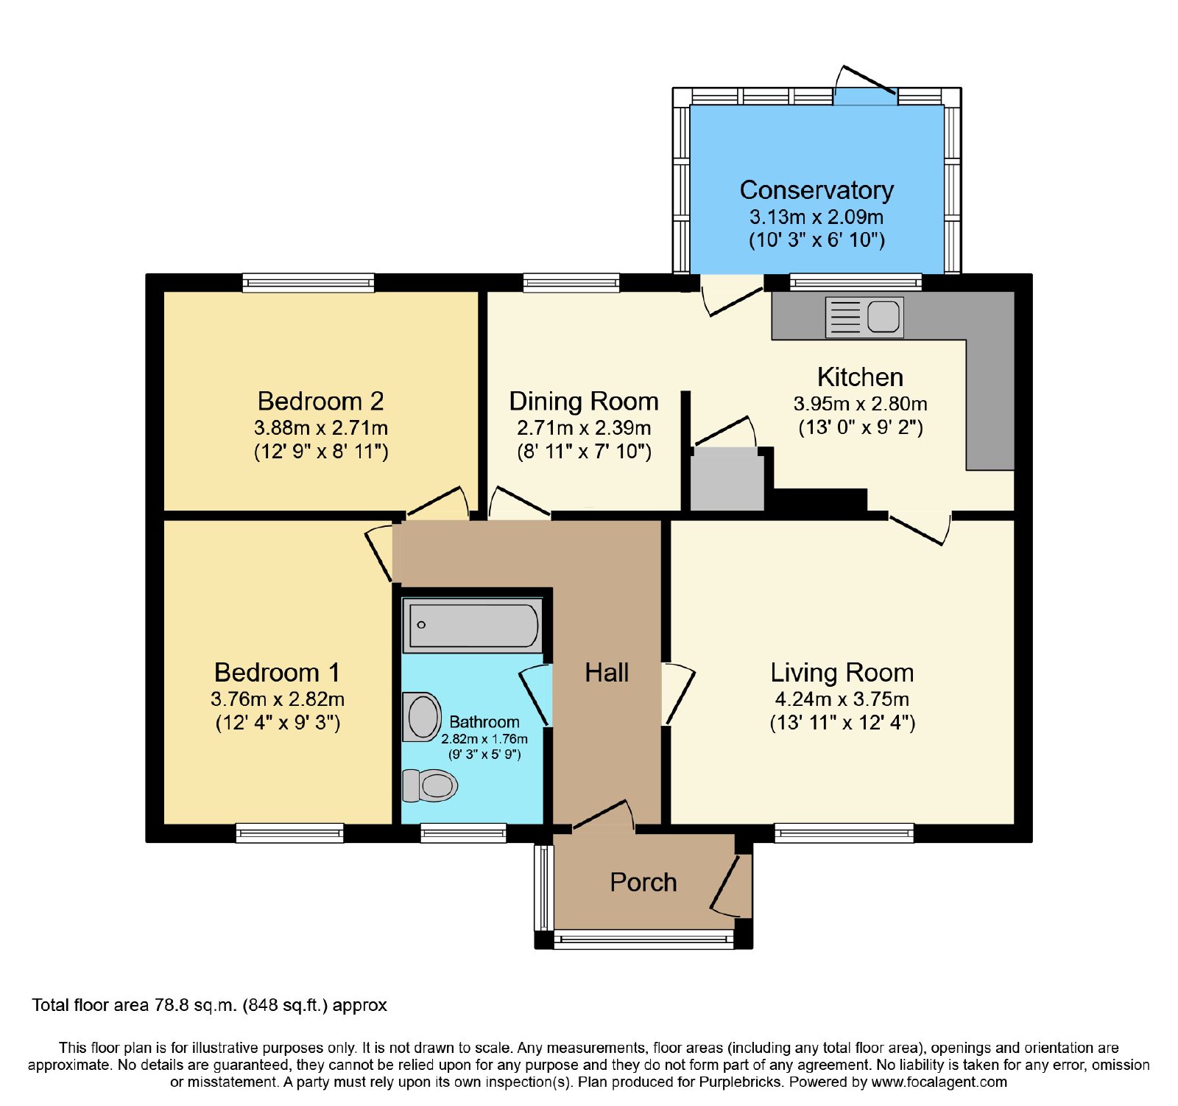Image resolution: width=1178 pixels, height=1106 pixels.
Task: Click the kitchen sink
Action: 864,318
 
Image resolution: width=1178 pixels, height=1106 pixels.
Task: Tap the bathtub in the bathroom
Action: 473,626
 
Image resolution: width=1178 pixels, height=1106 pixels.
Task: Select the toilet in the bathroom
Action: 430,785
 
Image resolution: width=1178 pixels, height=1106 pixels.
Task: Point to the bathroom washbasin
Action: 422,717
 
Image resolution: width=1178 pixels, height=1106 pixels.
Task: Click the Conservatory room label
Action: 817,190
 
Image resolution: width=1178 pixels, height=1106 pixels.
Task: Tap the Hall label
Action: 607,673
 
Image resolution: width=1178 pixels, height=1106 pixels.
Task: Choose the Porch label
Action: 643,882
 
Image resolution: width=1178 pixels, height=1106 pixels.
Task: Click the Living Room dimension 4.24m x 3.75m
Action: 842,699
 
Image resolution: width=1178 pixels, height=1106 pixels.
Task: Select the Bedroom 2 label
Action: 320,401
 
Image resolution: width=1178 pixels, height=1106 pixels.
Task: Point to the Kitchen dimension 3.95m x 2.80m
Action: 861,404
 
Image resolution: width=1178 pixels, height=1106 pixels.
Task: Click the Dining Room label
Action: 584,402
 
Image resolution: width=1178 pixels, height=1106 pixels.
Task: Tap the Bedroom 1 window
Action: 290,833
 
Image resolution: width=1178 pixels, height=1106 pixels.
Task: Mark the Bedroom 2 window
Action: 308,283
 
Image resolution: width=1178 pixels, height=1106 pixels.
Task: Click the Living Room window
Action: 844,833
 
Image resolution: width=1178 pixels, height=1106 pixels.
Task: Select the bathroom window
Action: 463,833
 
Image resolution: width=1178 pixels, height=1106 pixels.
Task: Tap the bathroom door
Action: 536,695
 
